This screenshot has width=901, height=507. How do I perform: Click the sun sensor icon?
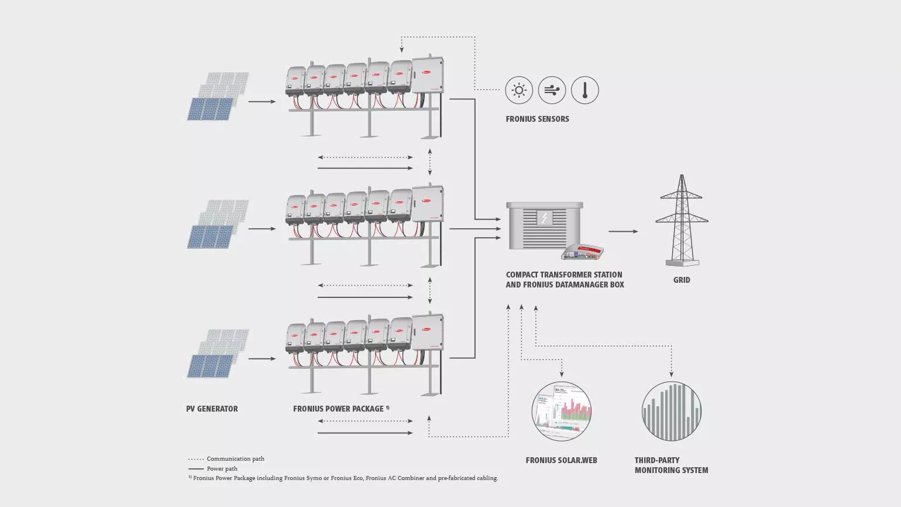519,91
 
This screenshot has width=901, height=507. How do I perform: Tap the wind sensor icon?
552,91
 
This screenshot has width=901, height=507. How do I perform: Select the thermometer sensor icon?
584,91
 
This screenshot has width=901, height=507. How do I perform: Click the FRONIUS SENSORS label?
537,119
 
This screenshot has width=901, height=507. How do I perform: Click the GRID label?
682,280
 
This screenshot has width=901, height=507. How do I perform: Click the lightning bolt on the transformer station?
545,218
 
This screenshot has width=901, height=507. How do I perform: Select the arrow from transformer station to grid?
623,231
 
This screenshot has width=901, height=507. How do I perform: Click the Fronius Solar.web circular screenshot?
562,411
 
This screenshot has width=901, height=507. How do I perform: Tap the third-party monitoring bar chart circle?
671,411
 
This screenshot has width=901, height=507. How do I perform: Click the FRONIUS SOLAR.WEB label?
561,460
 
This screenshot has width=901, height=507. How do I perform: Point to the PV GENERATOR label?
212,409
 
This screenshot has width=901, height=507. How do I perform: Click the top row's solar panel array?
218,97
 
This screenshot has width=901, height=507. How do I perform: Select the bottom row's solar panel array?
218,353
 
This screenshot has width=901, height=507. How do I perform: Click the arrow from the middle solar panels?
262,228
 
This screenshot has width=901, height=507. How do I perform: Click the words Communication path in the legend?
235,459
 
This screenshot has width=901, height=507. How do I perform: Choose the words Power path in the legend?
222,469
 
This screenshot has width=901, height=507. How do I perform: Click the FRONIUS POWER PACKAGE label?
338,409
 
